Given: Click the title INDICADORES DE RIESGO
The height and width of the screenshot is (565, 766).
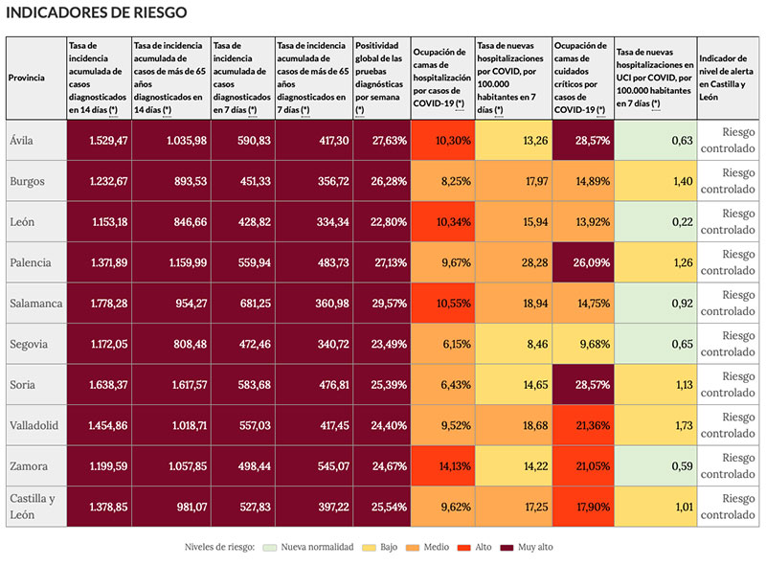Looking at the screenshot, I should click(x=97, y=12).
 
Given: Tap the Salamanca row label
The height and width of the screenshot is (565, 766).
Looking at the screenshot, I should click(x=36, y=303).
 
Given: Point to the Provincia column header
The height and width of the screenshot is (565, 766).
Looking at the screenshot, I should click(x=26, y=77).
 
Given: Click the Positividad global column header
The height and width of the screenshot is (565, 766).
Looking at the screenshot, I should click(x=381, y=77).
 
